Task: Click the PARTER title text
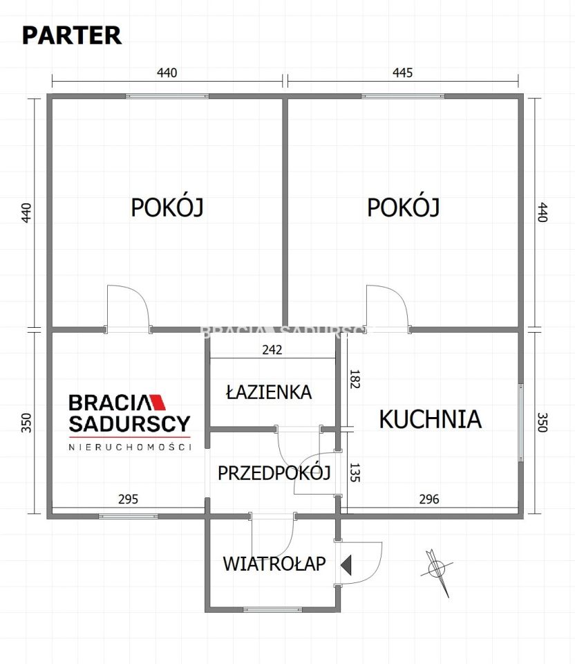[x=72, y=35]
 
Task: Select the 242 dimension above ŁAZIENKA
[x=272, y=350]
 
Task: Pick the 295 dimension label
[x=129, y=499]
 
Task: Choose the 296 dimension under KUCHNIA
[x=429, y=499]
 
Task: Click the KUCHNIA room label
[x=430, y=418]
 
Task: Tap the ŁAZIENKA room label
[x=269, y=392]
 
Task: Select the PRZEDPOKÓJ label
[x=274, y=473]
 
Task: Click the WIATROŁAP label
[x=274, y=564]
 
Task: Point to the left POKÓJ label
[x=167, y=207]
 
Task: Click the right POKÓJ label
[x=403, y=207]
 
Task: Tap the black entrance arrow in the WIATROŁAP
[x=346, y=565]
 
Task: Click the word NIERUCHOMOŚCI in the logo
[x=129, y=448]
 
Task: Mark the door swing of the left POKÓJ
[x=126, y=304]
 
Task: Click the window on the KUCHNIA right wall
[x=521, y=421]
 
